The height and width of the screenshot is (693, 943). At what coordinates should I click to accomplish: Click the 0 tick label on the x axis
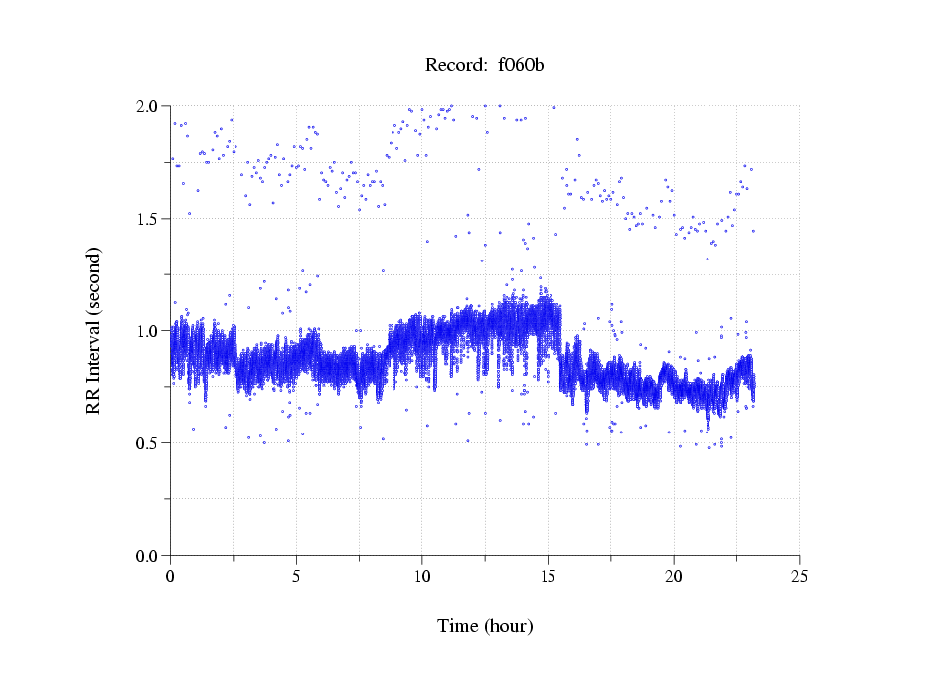click(171, 576)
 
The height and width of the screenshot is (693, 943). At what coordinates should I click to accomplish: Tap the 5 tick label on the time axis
click(296, 576)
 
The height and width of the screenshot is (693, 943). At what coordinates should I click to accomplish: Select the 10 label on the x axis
click(422, 576)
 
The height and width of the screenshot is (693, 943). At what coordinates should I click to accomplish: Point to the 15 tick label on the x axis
click(549, 576)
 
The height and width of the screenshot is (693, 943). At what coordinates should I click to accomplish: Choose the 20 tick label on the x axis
click(674, 576)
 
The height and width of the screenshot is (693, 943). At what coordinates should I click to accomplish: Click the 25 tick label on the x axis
click(800, 576)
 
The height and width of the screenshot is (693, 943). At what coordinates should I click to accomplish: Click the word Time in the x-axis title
click(458, 626)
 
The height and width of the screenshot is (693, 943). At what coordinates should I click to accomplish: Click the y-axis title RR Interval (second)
click(94, 330)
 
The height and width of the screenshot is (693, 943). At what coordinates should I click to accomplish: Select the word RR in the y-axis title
click(94, 401)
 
